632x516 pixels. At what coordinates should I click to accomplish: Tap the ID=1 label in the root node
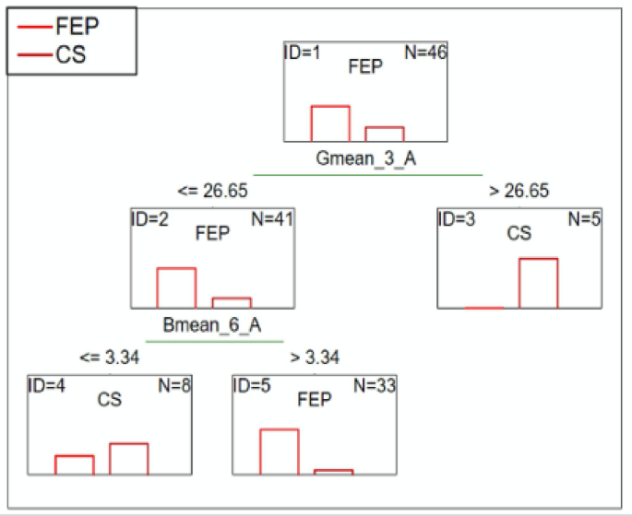(x=303, y=53)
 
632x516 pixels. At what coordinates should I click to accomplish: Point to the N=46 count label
(x=425, y=53)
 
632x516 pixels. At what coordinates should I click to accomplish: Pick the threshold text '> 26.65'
(x=519, y=191)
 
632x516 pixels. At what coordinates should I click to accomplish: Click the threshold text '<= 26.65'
(x=212, y=191)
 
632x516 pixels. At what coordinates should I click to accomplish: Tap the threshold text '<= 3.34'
(x=109, y=358)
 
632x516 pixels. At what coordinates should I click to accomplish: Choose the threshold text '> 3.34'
(x=316, y=358)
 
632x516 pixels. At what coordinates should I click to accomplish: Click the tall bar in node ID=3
(x=538, y=283)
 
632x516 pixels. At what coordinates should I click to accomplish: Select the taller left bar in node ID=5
(x=279, y=451)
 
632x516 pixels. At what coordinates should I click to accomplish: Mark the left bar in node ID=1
(x=329, y=123)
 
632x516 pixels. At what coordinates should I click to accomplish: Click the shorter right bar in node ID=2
(x=232, y=302)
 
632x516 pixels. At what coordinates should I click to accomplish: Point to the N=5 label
(x=583, y=219)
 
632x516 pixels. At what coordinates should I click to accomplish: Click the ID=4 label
(x=48, y=385)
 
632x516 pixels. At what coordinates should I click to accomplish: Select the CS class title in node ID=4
(x=109, y=400)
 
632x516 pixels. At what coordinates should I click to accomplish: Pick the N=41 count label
(x=273, y=219)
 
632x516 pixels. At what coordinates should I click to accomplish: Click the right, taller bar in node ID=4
(x=128, y=459)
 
